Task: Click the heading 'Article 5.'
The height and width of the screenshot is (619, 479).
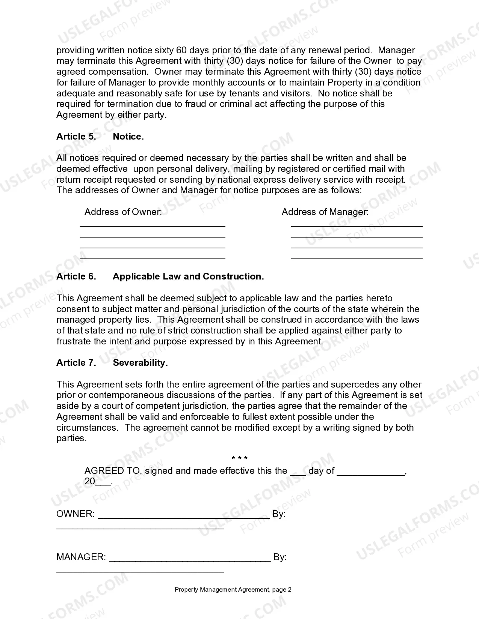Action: [76, 137]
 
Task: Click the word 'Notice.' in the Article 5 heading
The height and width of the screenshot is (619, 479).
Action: [128, 137]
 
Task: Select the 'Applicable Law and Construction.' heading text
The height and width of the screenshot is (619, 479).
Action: [188, 276]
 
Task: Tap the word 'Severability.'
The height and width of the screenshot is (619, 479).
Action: [140, 363]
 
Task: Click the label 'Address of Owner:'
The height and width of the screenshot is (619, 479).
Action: [123, 212]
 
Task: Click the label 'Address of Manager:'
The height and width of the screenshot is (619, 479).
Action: [325, 212]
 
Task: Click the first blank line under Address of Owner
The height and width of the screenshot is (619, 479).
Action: [153, 226]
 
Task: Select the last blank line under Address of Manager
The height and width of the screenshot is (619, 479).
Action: [357, 258]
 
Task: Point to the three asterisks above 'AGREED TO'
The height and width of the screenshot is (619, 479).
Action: [239, 458]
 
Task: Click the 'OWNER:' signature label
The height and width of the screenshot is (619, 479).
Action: [75, 514]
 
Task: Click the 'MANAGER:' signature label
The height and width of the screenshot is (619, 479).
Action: [81, 557]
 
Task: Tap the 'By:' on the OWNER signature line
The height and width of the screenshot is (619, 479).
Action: [279, 514]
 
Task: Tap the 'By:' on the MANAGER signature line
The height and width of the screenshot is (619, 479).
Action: [280, 557]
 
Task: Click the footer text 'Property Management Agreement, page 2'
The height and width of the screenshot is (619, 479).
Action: [233, 589]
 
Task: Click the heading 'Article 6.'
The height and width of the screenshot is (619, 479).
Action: [76, 276]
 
